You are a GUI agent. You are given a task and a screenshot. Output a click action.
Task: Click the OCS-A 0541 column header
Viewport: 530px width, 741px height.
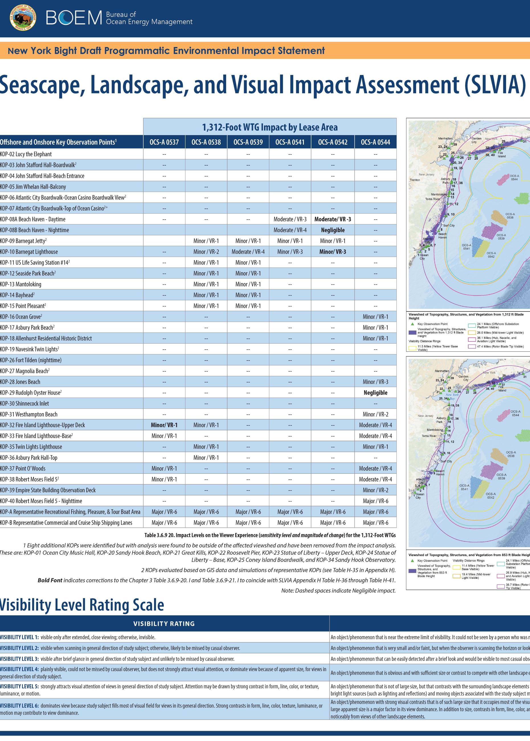pyautogui.click(x=290, y=142)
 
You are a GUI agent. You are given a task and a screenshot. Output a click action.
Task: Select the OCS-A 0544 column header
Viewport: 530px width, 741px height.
pyautogui.click(x=375, y=142)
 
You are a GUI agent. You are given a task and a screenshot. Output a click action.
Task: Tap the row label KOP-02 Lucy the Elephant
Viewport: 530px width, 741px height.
pyautogui.click(x=26, y=154)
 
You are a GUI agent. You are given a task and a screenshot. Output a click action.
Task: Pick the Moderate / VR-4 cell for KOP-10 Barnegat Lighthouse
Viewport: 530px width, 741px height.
pyautogui.click(x=248, y=252)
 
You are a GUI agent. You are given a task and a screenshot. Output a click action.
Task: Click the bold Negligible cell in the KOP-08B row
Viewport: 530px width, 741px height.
pyautogui.click(x=333, y=230)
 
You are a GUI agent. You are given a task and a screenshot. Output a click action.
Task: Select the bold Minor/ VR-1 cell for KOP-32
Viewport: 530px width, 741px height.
pyautogui.click(x=164, y=425)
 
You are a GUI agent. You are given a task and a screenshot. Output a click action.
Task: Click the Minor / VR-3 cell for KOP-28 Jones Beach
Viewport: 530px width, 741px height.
pyautogui.click(x=375, y=382)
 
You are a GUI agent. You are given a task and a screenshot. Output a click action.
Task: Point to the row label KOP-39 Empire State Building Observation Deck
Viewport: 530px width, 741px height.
pyautogui.click(x=48, y=490)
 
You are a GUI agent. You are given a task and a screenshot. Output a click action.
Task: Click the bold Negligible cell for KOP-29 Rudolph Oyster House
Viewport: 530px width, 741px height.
pyautogui.click(x=375, y=392)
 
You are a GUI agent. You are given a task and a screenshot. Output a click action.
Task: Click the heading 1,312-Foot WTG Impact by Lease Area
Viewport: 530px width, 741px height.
pyautogui.click(x=270, y=127)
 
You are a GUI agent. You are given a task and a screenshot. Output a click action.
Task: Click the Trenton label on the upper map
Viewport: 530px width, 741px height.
pyautogui.click(x=414, y=180)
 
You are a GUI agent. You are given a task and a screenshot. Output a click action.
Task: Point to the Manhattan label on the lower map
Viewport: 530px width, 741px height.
pyautogui.click(x=441, y=371)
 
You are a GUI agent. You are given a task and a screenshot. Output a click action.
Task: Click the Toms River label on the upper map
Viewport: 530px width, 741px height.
pyautogui.click(x=432, y=199)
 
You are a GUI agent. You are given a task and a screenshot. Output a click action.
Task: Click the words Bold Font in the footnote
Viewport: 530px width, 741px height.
pyautogui.click(x=50, y=580)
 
